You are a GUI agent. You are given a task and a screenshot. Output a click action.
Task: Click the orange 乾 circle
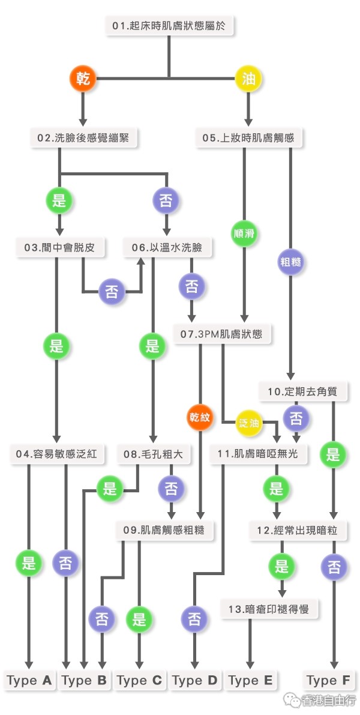(x=83, y=79)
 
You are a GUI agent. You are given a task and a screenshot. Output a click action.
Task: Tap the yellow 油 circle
(x=248, y=79)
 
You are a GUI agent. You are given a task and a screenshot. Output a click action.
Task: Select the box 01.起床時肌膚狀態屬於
(x=170, y=26)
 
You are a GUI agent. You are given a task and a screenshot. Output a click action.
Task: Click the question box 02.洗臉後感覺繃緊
(x=85, y=138)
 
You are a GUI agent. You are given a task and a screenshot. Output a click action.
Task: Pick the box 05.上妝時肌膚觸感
(x=248, y=138)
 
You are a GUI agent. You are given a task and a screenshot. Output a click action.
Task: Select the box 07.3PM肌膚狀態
(x=221, y=334)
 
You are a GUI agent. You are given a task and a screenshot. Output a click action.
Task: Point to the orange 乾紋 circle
(x=200, y=417)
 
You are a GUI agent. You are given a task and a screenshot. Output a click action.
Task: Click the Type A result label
(x=29, y=680)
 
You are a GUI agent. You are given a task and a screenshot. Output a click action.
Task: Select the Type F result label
(x=329, y=680)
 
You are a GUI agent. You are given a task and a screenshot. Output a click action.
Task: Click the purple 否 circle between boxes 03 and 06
(x=112, y=291)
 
